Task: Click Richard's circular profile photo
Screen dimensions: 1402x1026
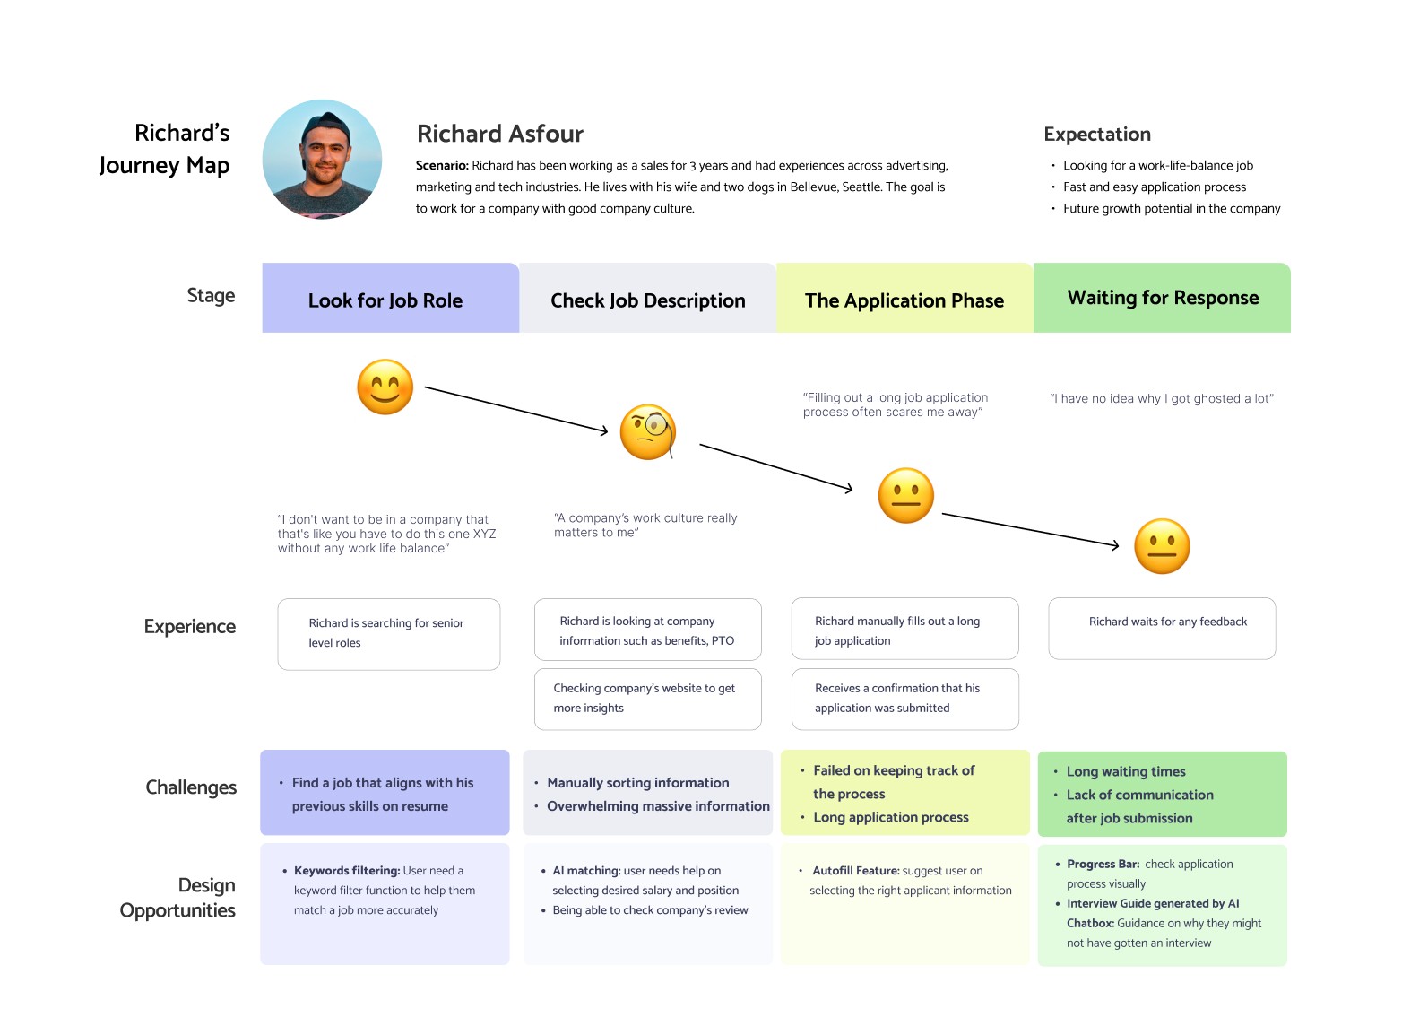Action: pyautogui.click(x=322, y=160)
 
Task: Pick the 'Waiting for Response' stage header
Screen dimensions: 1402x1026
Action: pyautogui.click(x=1162, y=298)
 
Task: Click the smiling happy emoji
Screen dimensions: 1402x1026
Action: pyautogui.click(x=385, y=387)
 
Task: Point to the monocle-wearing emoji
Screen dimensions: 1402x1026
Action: pyautogui.click(x=648, y=432)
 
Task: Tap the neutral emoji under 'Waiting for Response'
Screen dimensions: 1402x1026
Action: pyautogui.click(x=1162, y=546)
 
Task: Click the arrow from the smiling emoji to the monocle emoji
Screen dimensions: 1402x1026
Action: pyautogui.click(x=515, y=410)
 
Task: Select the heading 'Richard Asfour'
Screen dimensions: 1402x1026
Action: pyautogui.click(x=500, y=135)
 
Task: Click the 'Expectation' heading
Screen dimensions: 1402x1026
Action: pyautogui.click(x=1097, y=135)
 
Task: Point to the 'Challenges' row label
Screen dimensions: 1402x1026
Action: pyautogui.click(x=191, y=787)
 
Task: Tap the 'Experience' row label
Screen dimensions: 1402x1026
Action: pyautogui.click(x=190, y=626)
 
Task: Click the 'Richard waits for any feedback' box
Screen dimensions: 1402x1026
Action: pyautogui.click(x=1162, y=628)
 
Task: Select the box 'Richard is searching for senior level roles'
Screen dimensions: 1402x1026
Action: pyautogui.click(x=388, y=633)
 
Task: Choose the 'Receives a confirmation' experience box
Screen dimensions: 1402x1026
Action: pyautogui.click(x=904, y=699)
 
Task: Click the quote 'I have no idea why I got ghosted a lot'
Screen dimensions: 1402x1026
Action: pyautogui.click(x=1162, y=399)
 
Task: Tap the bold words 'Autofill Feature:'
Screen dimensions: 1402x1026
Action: pyautogui.click(x=856, y=871)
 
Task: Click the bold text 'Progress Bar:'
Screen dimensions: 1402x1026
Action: pyautogui.click(x=1103, y=865)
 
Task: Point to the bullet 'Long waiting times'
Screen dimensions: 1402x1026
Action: pyautogui.click(x=1126, y=772)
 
